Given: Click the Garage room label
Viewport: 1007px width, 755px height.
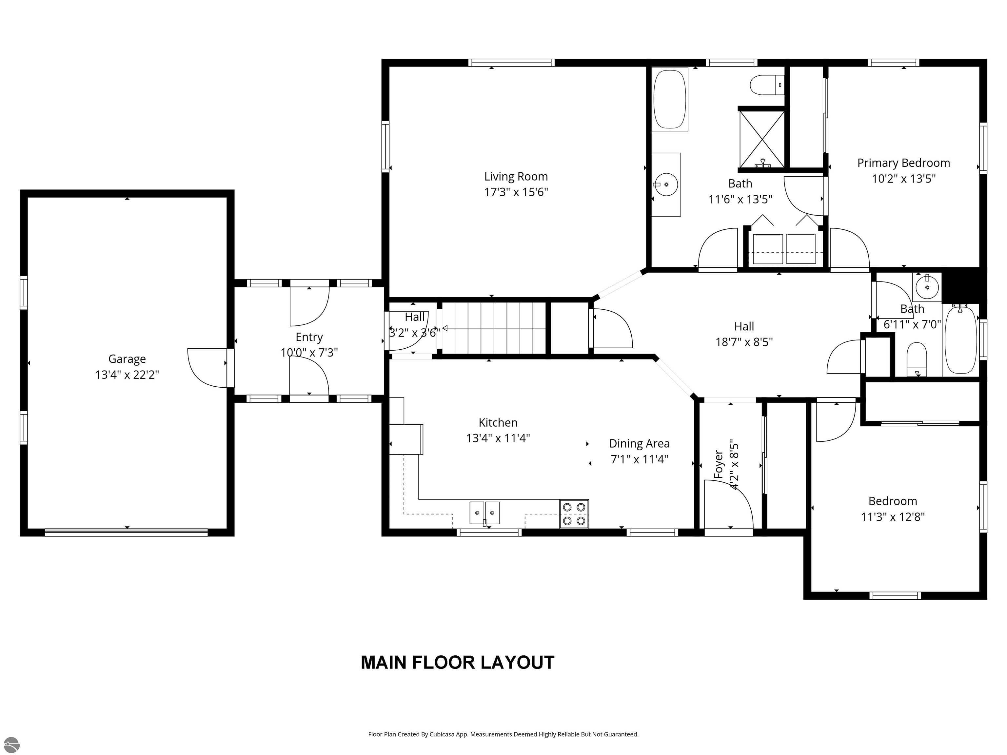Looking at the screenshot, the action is (127, 359).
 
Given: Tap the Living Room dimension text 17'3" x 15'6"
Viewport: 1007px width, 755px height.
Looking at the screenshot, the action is (516, 192).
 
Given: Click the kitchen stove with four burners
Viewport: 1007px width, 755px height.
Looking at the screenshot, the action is (574, 513).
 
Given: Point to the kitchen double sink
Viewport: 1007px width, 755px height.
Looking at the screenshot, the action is (484, 513).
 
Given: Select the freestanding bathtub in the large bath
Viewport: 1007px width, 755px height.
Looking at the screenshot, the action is (669, 99).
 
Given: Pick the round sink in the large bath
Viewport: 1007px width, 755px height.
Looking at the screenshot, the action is (666, 184).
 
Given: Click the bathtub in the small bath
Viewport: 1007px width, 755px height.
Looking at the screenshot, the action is (960, 339).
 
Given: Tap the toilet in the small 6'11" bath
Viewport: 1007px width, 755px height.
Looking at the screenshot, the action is (917, 359).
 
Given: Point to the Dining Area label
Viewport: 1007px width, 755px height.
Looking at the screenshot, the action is (639, 444).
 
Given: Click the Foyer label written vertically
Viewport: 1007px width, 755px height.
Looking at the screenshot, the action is (719, 464).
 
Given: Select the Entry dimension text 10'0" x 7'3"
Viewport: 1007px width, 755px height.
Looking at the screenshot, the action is (309, 353).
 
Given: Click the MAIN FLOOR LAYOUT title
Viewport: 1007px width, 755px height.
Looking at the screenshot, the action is (458, 663).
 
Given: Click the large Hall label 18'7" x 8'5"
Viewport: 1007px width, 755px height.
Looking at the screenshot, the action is (744, 334).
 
